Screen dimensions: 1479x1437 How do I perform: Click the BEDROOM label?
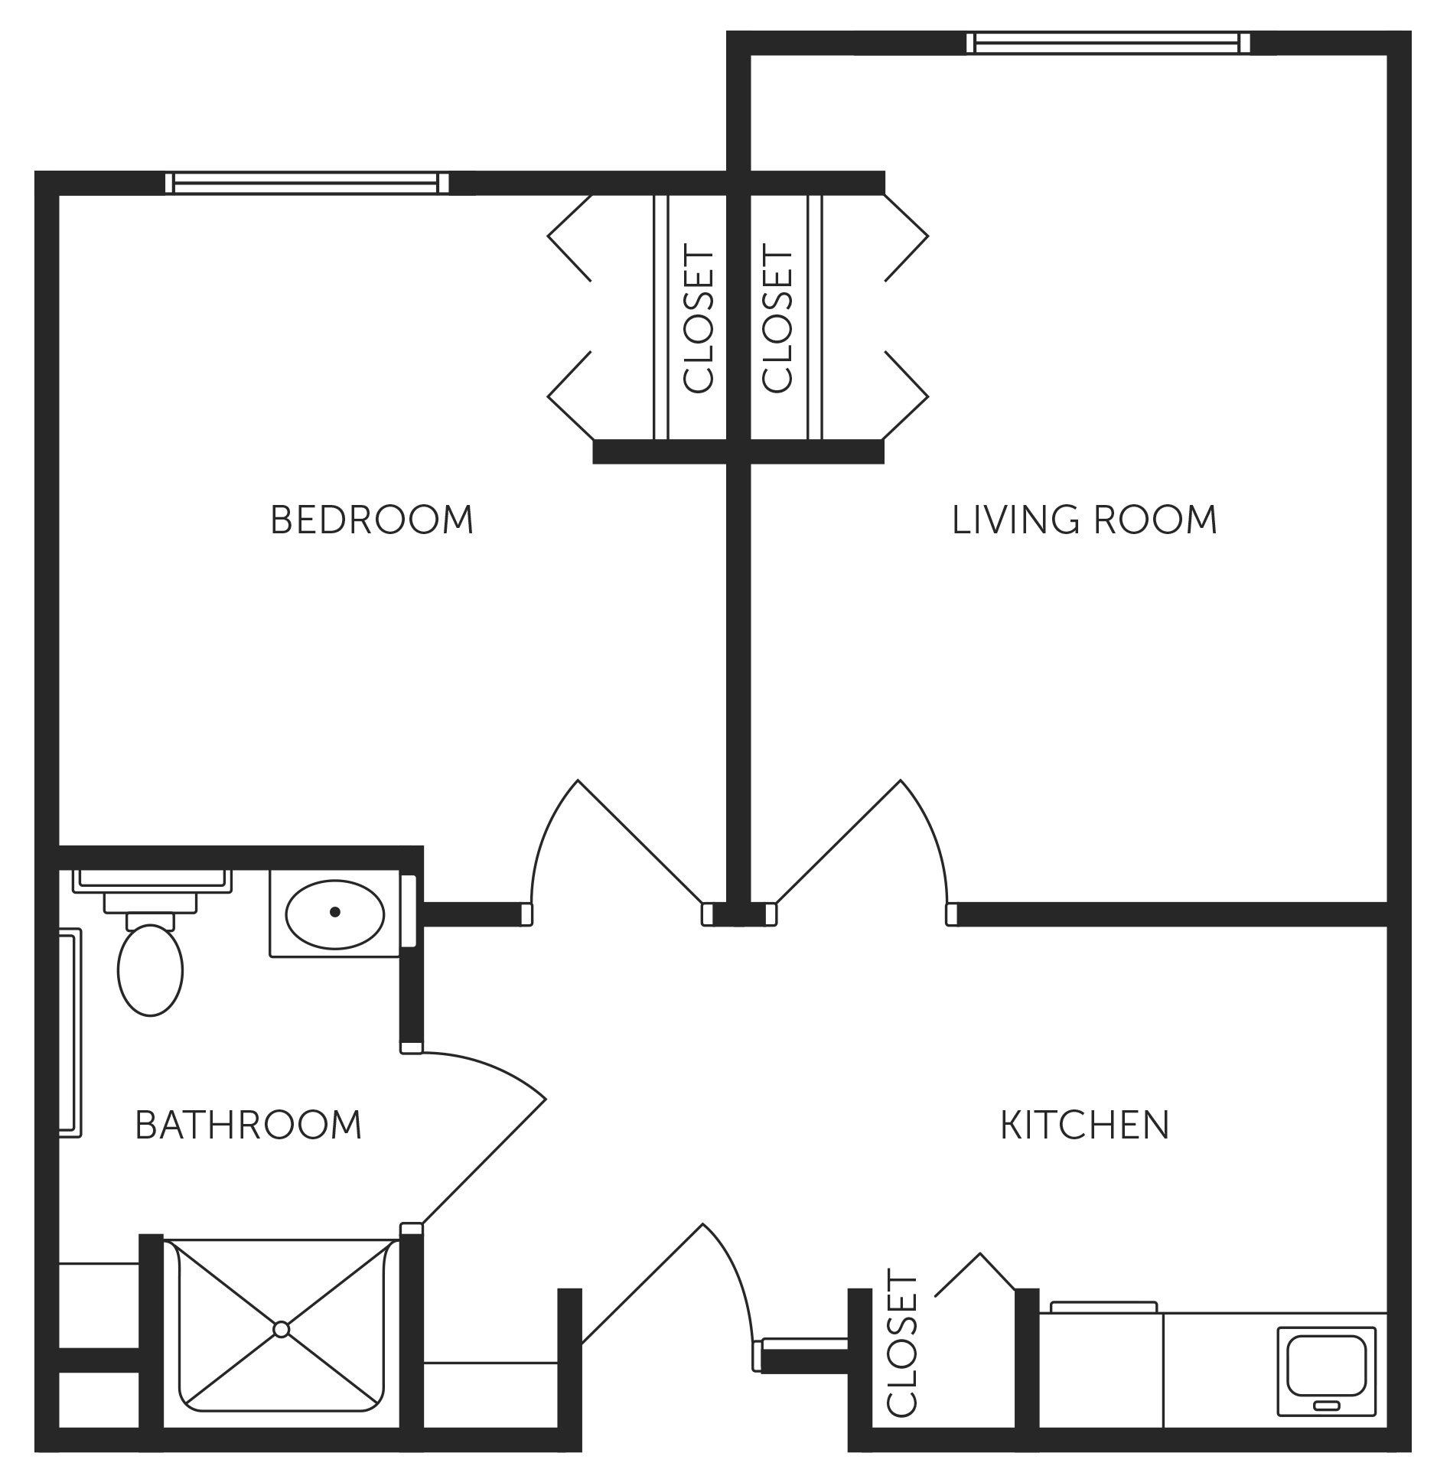click(x=372, y=520)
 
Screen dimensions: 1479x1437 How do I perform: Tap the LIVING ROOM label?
click(x=1083, y=520)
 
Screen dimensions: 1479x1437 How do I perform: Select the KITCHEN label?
click(x=1084, y=1125)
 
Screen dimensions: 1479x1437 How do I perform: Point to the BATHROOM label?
click(x=248, y=1125)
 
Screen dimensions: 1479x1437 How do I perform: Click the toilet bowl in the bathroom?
click(x=150, y=970)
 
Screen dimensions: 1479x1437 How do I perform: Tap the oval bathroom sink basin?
click(x=334, y=912)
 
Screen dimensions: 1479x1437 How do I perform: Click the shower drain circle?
click(x=281, y=1329)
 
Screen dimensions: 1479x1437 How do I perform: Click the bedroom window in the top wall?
click(x=307, y=182)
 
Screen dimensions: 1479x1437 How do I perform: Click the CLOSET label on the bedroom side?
click(x=698, y=320)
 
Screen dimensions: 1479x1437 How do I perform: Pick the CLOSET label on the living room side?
click(x=778, y=320)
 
